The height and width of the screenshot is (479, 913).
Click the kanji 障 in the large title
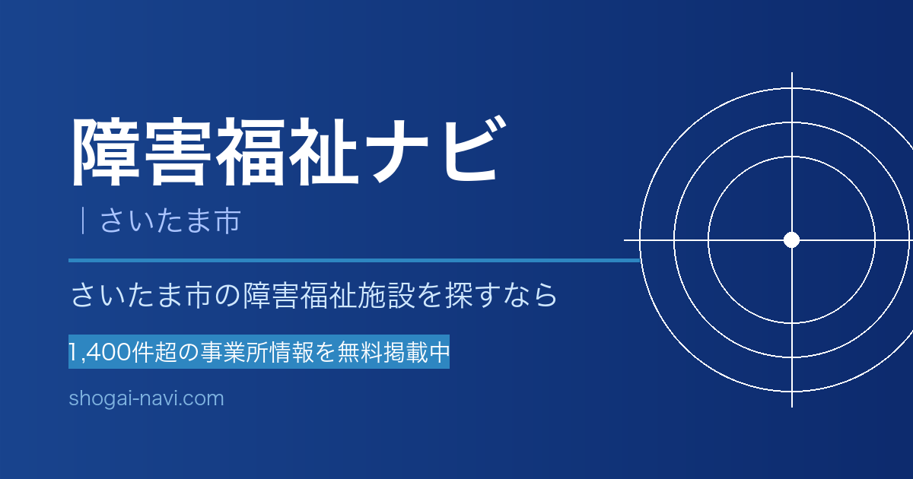pos(106,151)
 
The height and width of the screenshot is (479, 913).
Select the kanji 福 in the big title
pos(250,151)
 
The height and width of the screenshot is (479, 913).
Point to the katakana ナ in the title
pos(396,151)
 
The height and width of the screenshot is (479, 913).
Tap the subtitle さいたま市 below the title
pos(170,220)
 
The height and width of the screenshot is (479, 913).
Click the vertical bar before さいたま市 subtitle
pos(83,220)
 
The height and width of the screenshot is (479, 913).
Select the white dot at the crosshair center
pos(791,240)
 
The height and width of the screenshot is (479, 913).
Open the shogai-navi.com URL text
pos(146,398)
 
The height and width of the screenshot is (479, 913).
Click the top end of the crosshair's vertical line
pos(792,73)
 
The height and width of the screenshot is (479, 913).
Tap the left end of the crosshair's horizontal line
pos(625,240)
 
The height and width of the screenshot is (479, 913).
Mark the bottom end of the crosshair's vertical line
pos(792,407)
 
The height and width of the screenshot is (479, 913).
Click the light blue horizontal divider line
pos(354,260)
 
